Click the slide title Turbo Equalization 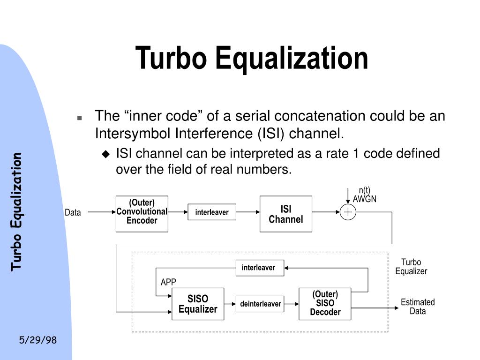[252, 58]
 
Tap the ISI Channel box [285, 214]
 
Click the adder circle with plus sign [348, 212]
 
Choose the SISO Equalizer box [198, 304]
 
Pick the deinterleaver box [261, 304]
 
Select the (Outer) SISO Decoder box [325, 304]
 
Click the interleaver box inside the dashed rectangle [259, 268]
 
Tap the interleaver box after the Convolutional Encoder [212, 212]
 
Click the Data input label [73, 213]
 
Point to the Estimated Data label [418, 306]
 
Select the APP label [168, 282]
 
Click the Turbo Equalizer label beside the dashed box [411, 267]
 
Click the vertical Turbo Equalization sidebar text [17, 211]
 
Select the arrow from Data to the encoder [101, 212]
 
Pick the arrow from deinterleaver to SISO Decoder [291, 304]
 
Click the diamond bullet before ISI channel [106, 154]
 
